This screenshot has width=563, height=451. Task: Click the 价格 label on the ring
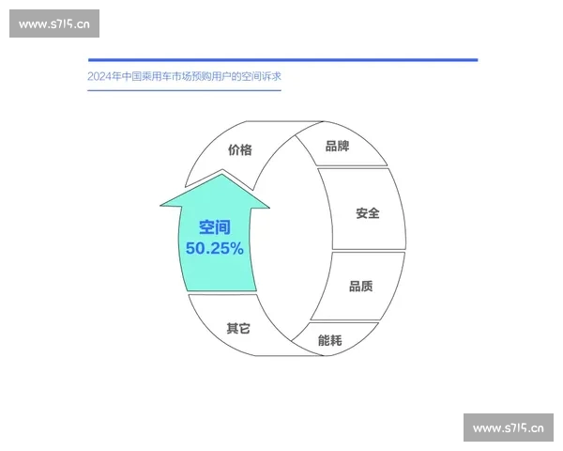coord(239,149)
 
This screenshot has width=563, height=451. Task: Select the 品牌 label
coord(337,146)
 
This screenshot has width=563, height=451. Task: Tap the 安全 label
coord(367,213)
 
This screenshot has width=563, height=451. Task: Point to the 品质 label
coord(360,286)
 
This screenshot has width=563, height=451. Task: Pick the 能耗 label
coord(330,339)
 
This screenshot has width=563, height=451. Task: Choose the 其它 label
coord(238,329)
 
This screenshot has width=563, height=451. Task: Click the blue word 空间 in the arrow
coord(214,227)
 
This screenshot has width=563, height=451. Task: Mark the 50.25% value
coord(214,249)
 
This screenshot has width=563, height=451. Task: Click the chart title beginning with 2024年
coord(183,76)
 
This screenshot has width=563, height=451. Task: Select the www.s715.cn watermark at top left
coord(54,24)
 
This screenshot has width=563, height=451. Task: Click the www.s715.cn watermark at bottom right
coord(508,428)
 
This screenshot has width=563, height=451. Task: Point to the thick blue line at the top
coord(281,60)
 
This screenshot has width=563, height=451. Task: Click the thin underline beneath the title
coord(183,90)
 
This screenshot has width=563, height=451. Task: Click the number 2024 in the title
coord(98,76)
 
